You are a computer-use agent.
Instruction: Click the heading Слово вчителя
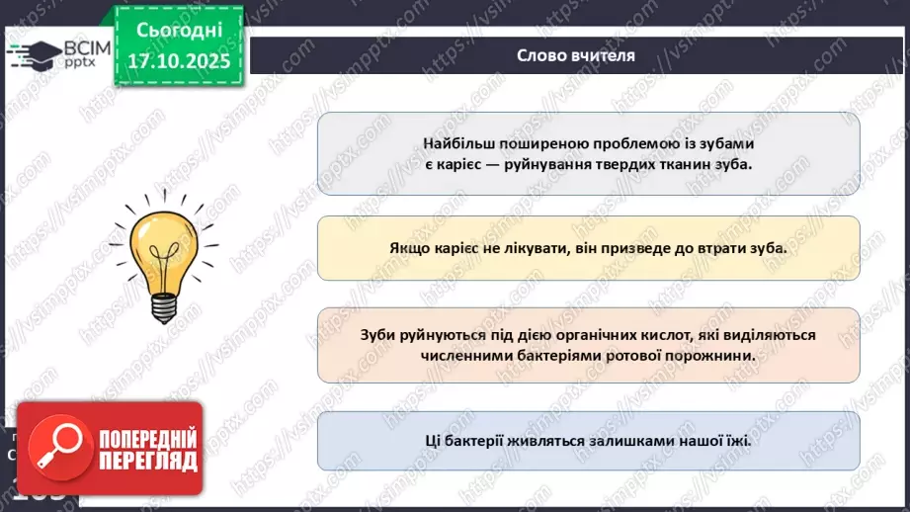575,55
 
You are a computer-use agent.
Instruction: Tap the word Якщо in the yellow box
408,249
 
